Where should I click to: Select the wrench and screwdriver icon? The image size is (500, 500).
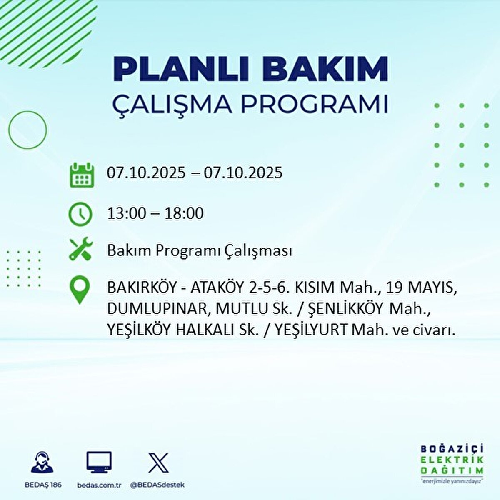coord(80,249)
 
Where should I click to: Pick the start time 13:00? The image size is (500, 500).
coord(127,214)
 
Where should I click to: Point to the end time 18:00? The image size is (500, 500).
coord(184,214)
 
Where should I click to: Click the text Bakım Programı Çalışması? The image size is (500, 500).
coord(199,251)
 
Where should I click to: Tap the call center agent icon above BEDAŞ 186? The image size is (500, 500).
coord(42,462)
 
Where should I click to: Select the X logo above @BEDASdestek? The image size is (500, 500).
coord(159,462)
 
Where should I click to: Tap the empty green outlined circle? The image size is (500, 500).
coord(27,130)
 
